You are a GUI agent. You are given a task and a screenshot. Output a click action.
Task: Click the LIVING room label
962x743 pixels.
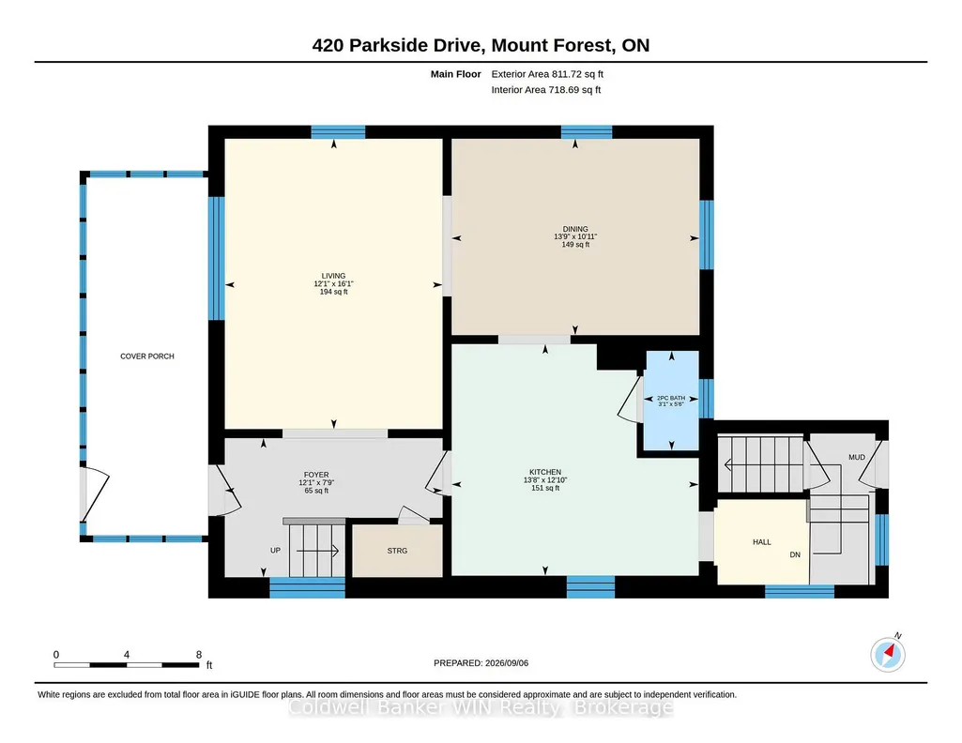click(x=334, y=276)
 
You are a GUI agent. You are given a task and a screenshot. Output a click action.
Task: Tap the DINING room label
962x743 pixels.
click(x=575, y=229)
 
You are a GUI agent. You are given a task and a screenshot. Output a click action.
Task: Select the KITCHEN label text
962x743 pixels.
click(x=544, y=472)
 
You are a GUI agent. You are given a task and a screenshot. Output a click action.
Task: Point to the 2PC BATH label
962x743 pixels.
click(x=671, y=398)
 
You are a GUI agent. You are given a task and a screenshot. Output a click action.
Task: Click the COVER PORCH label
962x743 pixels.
click(x=147, y=356)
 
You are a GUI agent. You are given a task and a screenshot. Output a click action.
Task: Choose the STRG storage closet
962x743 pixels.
click(x=398, y=551)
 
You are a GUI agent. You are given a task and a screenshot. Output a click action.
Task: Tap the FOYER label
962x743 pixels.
click(x=316, y=475)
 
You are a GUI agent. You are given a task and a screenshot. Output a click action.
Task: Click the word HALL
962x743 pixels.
click(x=762, y=542)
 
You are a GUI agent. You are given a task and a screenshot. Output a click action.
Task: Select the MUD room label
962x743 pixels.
click(x=857, y=457)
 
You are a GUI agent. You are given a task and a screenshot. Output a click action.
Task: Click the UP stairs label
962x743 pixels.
click(x=276, y=551)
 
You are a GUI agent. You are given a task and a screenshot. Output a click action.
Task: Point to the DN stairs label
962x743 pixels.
click(x=795, y=554)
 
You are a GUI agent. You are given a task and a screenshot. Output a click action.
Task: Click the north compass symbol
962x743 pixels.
click(x=888, y=654)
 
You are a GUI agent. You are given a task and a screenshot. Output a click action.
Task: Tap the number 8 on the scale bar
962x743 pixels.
click(x=199, y=655)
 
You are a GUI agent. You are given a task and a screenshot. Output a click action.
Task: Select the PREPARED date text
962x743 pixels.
click(x=481, y=662)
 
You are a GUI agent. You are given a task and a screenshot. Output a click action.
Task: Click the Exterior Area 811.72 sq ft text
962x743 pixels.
click(x=547, y=74)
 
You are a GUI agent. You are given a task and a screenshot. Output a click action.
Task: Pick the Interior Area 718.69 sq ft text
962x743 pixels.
click(x=546, y=89)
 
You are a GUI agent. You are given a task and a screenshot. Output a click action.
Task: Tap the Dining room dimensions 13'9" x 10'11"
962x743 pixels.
click(x=575, y=236)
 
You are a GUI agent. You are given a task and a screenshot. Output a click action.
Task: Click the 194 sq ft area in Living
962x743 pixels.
click(x=334, y=292)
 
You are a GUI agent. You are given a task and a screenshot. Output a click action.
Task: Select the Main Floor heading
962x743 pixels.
click(x=456, y=74)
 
